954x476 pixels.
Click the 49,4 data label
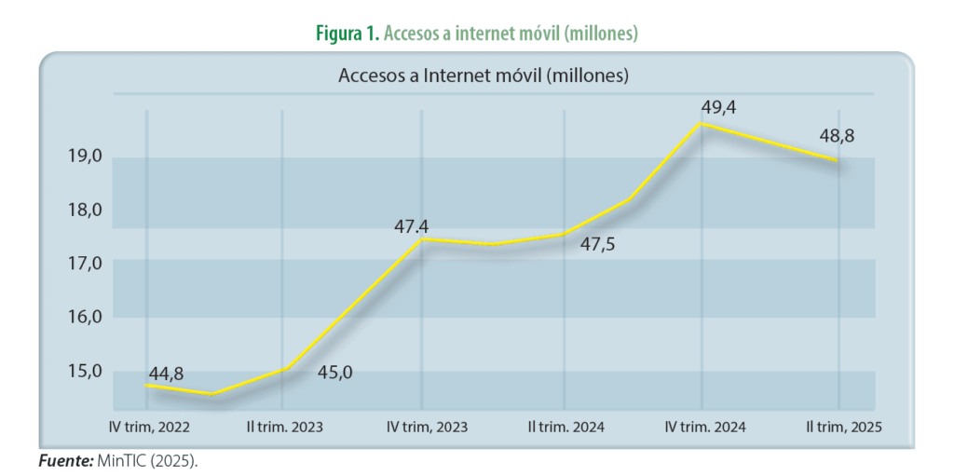pos(718,108)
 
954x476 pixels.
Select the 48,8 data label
pos(837,136)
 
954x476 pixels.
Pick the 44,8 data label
pos(166,374)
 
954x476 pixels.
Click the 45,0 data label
pos(335,373)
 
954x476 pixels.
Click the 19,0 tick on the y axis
pos(83,156)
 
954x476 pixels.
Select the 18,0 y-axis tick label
pos(83,210)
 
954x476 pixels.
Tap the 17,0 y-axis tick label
pos(83,264)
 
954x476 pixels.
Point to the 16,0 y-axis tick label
pos(83,317)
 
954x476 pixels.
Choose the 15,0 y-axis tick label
pos(83,371)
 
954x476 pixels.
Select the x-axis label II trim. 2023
pos(285,427)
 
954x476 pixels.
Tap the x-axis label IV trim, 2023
pos(427,427)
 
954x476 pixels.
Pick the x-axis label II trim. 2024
pos(566,427)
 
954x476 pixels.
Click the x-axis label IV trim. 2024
pos(705,427)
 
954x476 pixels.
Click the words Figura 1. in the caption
pos(348,34)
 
